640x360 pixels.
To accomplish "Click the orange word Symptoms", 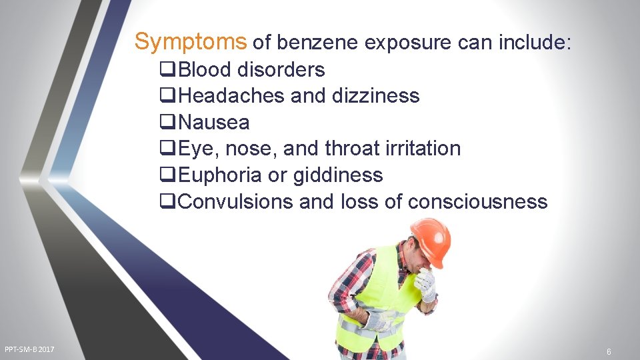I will pos(191,42).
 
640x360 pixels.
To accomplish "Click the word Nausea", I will pos(214,123).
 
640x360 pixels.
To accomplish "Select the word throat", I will pos(354,149).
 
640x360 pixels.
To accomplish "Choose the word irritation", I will pos(423,149).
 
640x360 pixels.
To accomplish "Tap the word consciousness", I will pos(477,202).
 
